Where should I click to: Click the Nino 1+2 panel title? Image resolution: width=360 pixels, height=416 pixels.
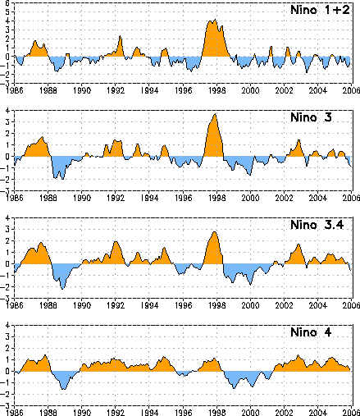[x=320, y=10]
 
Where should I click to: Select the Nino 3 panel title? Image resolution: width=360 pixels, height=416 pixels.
[x=311, y=117]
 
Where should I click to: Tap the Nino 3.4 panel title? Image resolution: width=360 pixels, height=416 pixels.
[x=317, y=225]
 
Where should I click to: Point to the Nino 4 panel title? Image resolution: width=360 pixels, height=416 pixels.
[x=311, y=332]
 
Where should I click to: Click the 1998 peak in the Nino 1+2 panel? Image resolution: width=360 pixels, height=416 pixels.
[x=215, y=20]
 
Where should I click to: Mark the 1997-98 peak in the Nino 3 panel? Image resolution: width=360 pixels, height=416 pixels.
[x=216, y=114]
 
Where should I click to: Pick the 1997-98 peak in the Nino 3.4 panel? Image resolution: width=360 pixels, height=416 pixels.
[x=215, y=232]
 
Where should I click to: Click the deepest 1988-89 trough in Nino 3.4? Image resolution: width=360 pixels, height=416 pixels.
[x=62, y=289]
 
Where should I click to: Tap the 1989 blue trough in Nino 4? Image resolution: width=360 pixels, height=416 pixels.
[x=64, y=389]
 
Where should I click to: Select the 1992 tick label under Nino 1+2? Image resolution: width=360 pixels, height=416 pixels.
[x=116, y=90]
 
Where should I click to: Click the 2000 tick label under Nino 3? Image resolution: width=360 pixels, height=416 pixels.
[x=250, y=198]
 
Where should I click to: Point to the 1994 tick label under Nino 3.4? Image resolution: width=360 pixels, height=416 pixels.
[x=149, y=305]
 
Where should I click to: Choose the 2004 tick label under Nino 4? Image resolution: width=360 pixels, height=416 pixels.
[x=318, y=413]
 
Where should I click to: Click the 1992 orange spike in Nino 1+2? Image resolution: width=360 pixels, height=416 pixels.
[x=120, y=36]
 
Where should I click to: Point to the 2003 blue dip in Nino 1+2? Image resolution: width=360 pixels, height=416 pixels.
[x=307, y=72]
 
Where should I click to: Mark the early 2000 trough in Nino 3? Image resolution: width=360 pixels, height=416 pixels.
[x=250, y=175]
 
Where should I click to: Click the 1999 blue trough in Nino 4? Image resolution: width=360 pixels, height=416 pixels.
[x=234, y=388]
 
